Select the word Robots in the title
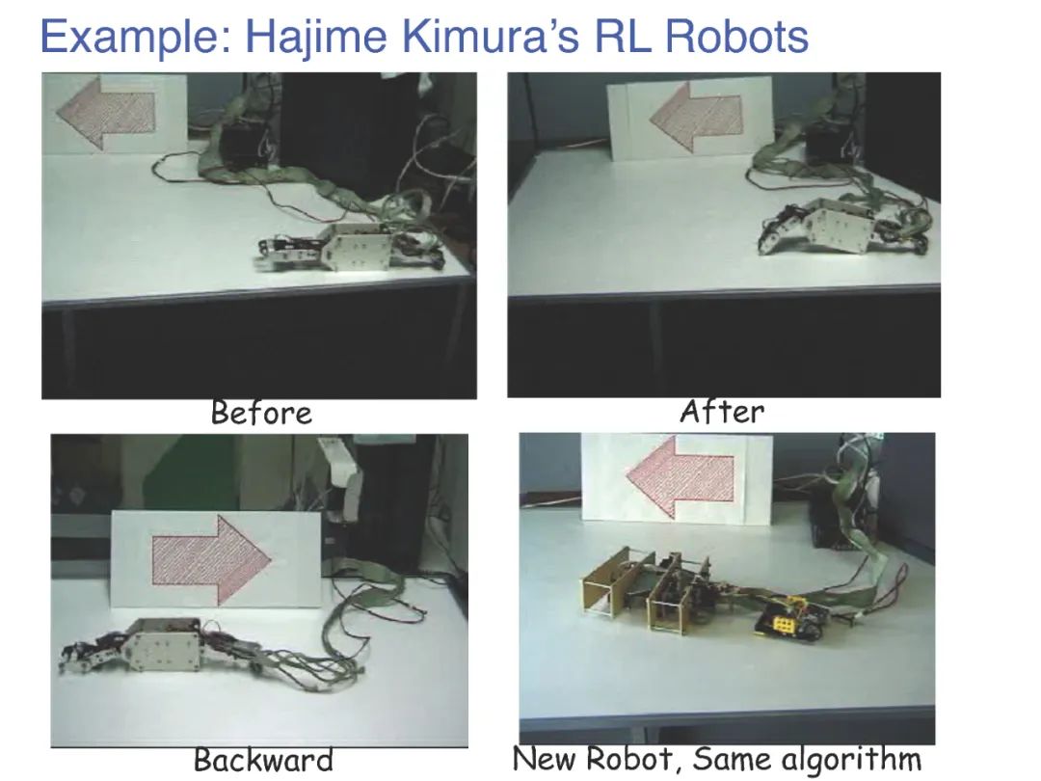pos(736,38)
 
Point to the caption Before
pos(261,414)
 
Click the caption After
pos(722,412)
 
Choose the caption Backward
pos(263,760)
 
